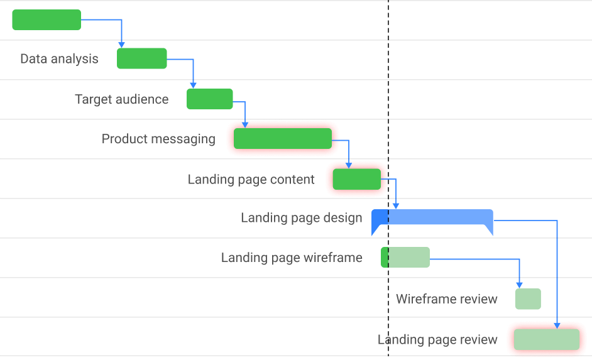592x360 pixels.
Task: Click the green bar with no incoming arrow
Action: point(47,19)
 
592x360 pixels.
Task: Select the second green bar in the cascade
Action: point(142,58)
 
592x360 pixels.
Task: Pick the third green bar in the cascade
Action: point(210,99)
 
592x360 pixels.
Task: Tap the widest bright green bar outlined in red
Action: point(282,138)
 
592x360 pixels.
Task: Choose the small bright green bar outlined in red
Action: point(356,179)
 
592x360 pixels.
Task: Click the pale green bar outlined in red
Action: point(546,340)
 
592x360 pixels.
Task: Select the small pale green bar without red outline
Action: point(528,299)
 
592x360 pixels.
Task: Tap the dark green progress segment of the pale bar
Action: point(385,258)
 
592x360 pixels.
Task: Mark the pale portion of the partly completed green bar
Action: point(409,258)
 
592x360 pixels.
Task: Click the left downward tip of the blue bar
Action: point(374,232)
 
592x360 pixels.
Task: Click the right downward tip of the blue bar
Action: point(491,232)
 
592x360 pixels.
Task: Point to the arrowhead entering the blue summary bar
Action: point(395,205)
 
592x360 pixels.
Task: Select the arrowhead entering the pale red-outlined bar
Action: point(557,325)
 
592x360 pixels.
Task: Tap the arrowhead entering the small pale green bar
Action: point(519,285)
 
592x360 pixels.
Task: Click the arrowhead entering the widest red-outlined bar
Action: point(244,124)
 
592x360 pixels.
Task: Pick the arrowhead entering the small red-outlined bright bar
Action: point(349,165)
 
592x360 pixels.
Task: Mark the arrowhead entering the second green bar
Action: point(121,45)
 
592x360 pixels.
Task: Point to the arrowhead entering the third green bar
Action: point(193,85)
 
